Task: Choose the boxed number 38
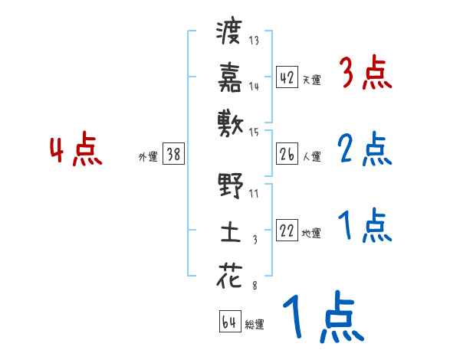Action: click(173, 154)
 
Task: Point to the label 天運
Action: click(312, 80)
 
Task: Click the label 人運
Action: click(312, 156)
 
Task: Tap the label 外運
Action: click(148, 156)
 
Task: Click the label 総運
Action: click(255, 324)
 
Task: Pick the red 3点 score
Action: click(365, 74)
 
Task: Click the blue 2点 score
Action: click(365, 149)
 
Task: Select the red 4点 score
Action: click(76, 151)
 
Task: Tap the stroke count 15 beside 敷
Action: click(255, 133)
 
